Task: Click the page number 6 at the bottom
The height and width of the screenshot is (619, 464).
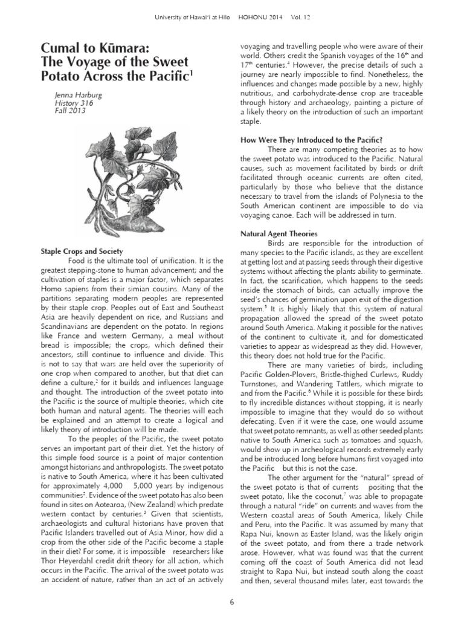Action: point(232,602)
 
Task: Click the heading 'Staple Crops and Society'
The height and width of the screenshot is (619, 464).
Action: point(82,251)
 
